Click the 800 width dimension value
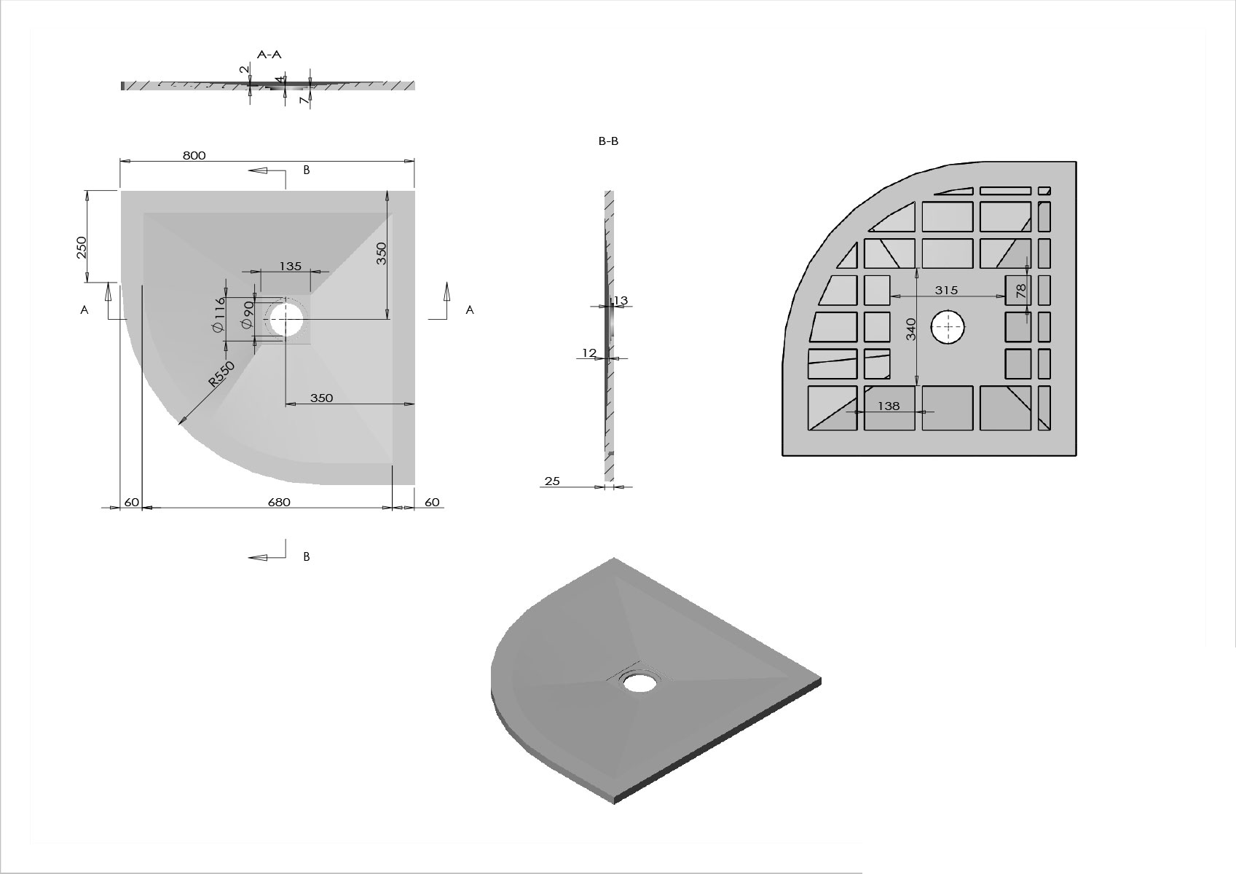194,156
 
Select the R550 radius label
221,374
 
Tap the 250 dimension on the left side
82,247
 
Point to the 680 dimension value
279,502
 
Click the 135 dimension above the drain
290,267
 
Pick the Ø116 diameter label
219,315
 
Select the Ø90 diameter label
248,315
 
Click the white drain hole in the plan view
286,318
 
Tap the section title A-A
269,54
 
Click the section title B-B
608,141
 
